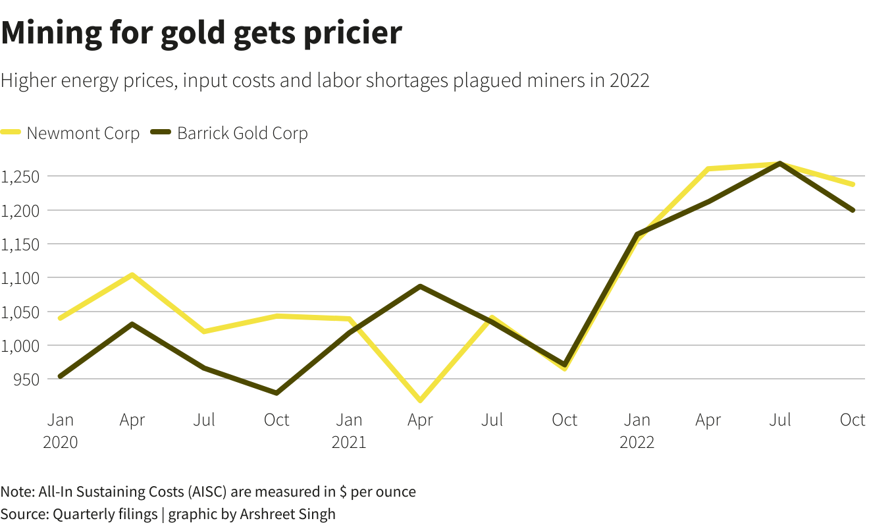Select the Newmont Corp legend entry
pos(83,133)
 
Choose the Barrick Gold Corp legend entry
pos(242,133)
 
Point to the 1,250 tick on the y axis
pos(20,177)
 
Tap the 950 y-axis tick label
pos(26,379)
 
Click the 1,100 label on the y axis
pos(20,278)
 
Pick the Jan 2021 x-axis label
pos(349,430)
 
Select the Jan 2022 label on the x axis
pos(637,430)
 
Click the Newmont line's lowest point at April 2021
pos(420,400)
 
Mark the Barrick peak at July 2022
pos(780,163)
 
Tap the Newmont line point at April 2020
pos(132,275)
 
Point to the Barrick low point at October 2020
pos(276,393)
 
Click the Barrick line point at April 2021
pos(420,287)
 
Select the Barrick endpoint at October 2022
pos(853,210)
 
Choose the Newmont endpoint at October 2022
pos(853,184)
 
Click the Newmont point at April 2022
pos(708,169)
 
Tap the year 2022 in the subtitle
pos(629,80)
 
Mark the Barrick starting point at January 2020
pos(61,376)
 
